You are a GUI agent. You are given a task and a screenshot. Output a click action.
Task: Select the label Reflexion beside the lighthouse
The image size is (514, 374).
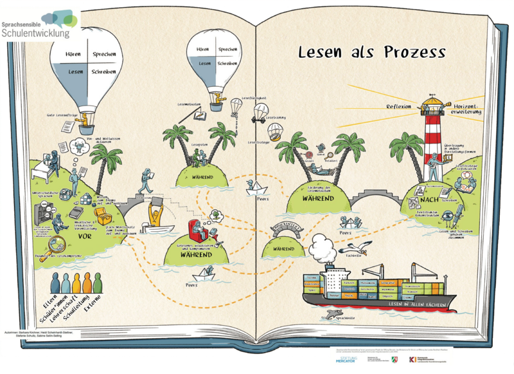point(398,106)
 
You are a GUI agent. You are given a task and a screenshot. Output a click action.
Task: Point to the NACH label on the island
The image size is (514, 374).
point(412,202)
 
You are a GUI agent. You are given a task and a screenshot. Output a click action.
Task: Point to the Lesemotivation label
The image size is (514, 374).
point(190,103)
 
